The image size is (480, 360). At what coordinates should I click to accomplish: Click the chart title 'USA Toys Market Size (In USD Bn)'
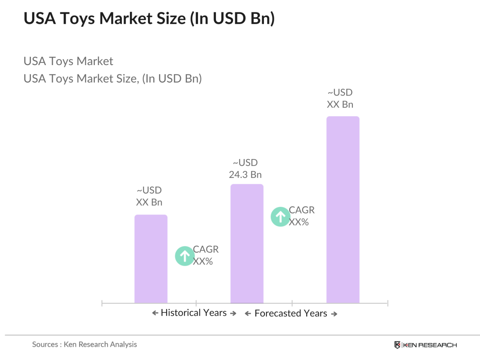pos(149,18)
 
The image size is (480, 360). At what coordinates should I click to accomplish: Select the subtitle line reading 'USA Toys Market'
pos(68,61)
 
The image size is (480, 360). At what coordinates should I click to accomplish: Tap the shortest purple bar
pos(151,259)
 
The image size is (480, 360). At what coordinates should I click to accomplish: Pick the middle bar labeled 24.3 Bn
pos(247,243)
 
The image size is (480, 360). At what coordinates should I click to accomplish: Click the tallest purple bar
pos(342,210)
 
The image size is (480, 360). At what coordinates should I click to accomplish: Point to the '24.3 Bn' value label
pos(245,174)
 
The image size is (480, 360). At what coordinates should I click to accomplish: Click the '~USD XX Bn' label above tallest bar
pos(340,98)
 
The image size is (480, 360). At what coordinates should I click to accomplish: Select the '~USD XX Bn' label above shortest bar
pos(149,196)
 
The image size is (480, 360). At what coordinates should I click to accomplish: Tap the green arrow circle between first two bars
pos(184,256)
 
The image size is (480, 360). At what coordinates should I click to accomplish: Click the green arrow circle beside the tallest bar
pos(280,217)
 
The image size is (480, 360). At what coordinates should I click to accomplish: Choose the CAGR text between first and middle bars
pos(205,255)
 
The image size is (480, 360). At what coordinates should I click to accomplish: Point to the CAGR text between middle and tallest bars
pos(301,216)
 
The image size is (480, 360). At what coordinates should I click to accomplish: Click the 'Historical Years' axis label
pos(194,313)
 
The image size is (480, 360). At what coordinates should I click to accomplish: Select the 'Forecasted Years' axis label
pos(290,313)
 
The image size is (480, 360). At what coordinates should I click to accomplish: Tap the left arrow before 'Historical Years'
pos(155,313)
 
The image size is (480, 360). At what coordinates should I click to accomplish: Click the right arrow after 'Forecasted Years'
pos(334,314)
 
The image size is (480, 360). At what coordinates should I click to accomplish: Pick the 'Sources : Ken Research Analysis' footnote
pos(84,344)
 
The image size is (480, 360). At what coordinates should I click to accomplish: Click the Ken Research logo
pos(425,345)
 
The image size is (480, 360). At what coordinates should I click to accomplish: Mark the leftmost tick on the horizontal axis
pos(102,303)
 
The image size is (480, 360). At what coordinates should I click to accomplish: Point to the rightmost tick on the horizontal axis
pos(388,303)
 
